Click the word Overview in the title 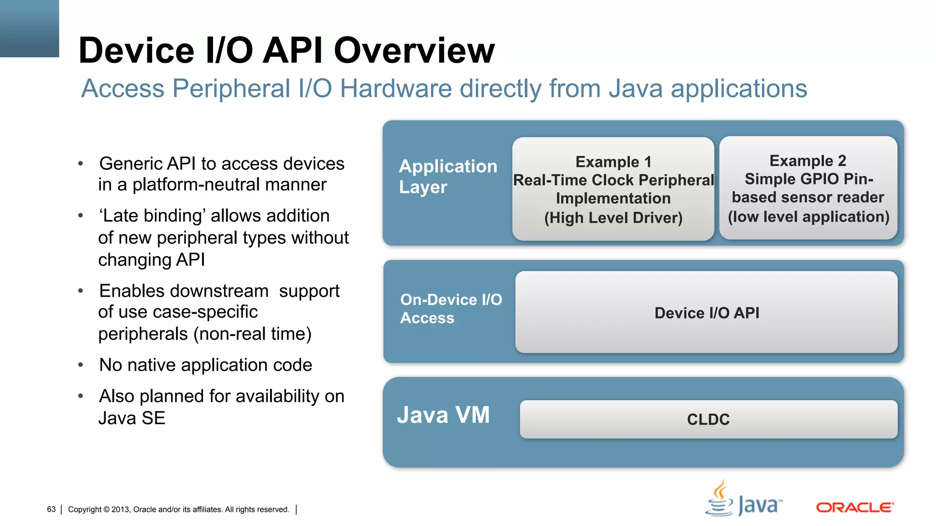pos(414,50)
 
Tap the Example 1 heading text pos(613,162)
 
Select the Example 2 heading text pos(808,161)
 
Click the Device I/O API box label pos(707,313)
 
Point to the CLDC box pos(708,419)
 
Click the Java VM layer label pos(443,415)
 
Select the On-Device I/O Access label pos(451,309)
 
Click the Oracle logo pos(855,507)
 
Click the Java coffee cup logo pos(720,499)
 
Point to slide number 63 pos(51,509)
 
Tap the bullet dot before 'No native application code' pos(80,365)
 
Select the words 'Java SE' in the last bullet pos(132,418)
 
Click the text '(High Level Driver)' pos(613,218)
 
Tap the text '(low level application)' pos(808,216)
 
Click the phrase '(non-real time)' pos(252,334)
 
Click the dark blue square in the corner pos(29,28)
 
